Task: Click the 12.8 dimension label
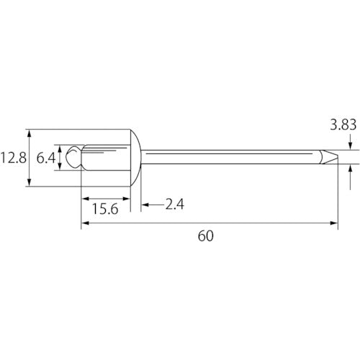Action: [14, 158]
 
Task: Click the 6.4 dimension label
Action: [46, 158]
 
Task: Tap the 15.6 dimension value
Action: [105, 209]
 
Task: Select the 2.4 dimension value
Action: [175, 204]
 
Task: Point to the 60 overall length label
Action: [206, 236]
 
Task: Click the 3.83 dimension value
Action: [343, 125]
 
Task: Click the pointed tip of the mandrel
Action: [338, 157]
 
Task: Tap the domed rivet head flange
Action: [136, 158]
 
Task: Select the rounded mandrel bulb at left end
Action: [73, 157]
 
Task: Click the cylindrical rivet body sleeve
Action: [106, 158]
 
